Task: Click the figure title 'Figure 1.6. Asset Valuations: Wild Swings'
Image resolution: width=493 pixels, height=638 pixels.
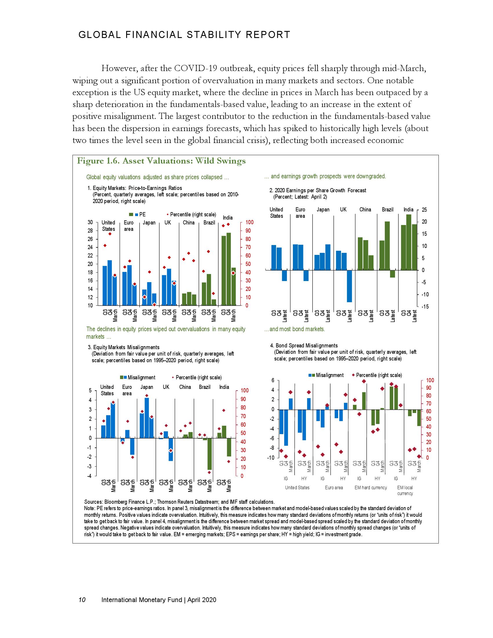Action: [161, 161]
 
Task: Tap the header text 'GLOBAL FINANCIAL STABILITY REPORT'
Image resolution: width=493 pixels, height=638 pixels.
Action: [184, 35]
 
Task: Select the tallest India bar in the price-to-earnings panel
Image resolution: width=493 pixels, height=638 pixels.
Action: [229, 269]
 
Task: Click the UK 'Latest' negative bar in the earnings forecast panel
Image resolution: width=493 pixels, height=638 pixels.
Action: [349, 286]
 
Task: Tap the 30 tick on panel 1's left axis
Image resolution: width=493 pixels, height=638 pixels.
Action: [90, 222]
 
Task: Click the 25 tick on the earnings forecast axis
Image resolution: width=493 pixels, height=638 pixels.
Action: [424, 210]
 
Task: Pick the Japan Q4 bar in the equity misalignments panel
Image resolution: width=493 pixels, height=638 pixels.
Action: [147, 418]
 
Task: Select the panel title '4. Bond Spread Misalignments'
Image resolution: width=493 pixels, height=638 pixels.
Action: [304, 346]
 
